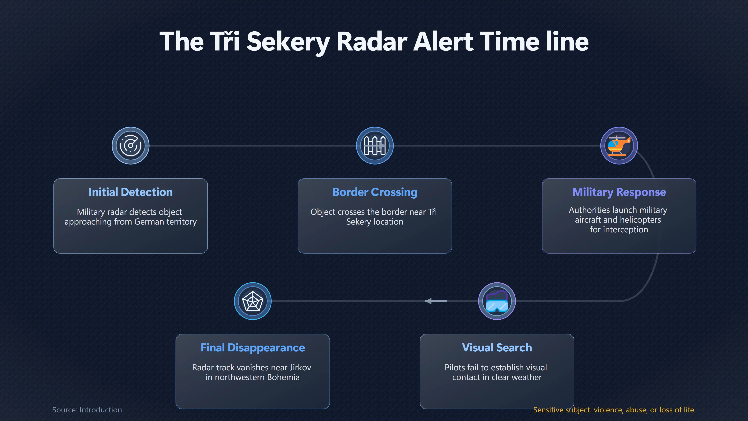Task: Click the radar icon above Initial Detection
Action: click(x=131, y=146)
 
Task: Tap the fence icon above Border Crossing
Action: click(x=375, y=146)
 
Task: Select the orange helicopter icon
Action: click(x=619, y=146)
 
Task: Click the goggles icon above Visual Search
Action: click(x=497, y=301)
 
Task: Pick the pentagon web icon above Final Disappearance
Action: click(x=253, y=301)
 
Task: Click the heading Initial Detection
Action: click(x=131, y=192)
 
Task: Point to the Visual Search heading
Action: click(x=497, y=348)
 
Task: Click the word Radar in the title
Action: click(x=372, y=42)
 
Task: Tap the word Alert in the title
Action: click(x=444, y=42)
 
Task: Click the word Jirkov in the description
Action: click(x=300, y=368)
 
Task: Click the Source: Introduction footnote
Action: click(x=87, y=410)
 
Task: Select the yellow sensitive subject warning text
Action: click(x=614, y=410)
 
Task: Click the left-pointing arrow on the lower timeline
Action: click(x=436, y=301)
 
